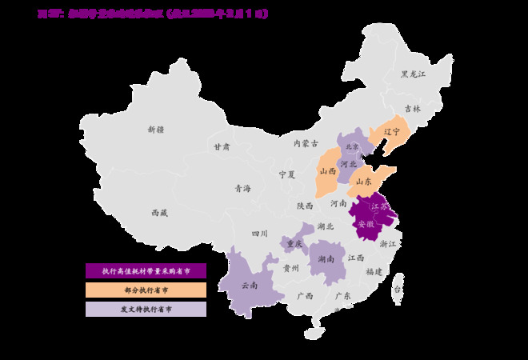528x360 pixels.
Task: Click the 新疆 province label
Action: pyautogui.click(x=155, y=129)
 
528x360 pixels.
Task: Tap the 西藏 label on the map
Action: pyautogui.click(x=159, y=213)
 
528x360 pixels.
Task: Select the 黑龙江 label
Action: pyautogui.click(x=414, y=74)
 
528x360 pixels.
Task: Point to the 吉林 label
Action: pyautogui.click(x=412, y=108)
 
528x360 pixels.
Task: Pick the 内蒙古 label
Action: pyautogui.click(x=305, y=144)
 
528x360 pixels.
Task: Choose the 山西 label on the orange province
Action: pyautogui.click(x=327, y=171)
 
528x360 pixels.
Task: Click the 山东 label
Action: pyautogui.click(x=364, y=182)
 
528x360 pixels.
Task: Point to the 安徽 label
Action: pyautogui.click(x=365, y=223)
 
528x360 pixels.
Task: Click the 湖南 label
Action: pyautogui.click(x=326, y=259)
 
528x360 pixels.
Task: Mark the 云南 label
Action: pyautogui.click(x=249, y=285)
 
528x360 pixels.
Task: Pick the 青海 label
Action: pyautogui.click(x=242, y=189)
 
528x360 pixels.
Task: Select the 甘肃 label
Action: pyautogui.click(x=222, y=147)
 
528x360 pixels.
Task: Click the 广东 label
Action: pyautogui.click(x=343, y=295)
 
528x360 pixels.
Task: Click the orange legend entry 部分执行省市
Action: pyautogui.click(x=146, y=290)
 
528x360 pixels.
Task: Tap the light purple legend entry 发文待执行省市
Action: pyautogui.click(x=146, y=309)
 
